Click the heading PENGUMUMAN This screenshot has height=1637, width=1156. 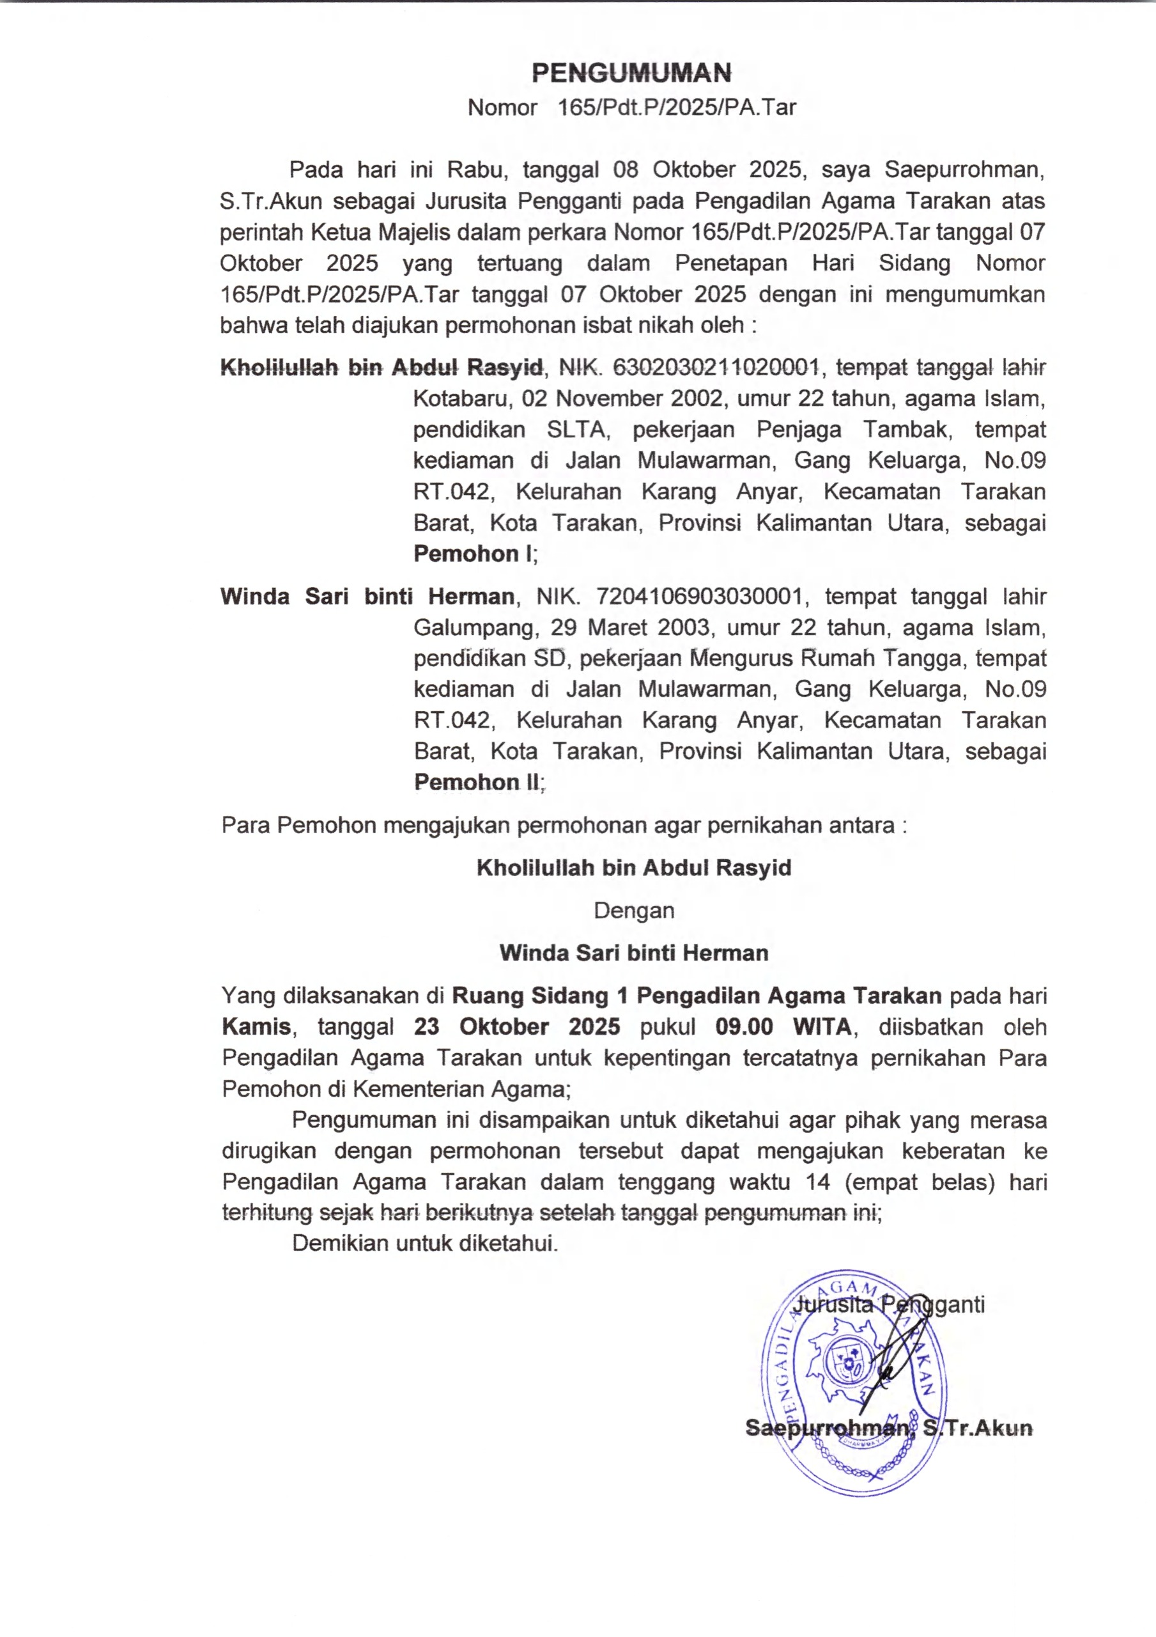coord(631,73)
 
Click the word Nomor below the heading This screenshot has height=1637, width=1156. coord(502,107)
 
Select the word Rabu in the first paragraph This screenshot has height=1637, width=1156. coord(474,169)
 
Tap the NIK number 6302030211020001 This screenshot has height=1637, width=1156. coord(716,367)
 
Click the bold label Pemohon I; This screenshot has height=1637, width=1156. coord(475,554)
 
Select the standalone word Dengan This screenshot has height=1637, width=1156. coord(633,911)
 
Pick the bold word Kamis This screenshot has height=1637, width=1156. coord(256,1027)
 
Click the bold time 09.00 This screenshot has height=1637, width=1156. coord(744,1027)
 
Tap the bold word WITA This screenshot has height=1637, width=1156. coord(822,1027)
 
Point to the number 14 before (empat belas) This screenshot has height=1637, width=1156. coord(817,1182)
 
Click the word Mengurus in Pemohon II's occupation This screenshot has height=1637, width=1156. coord(737,658)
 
